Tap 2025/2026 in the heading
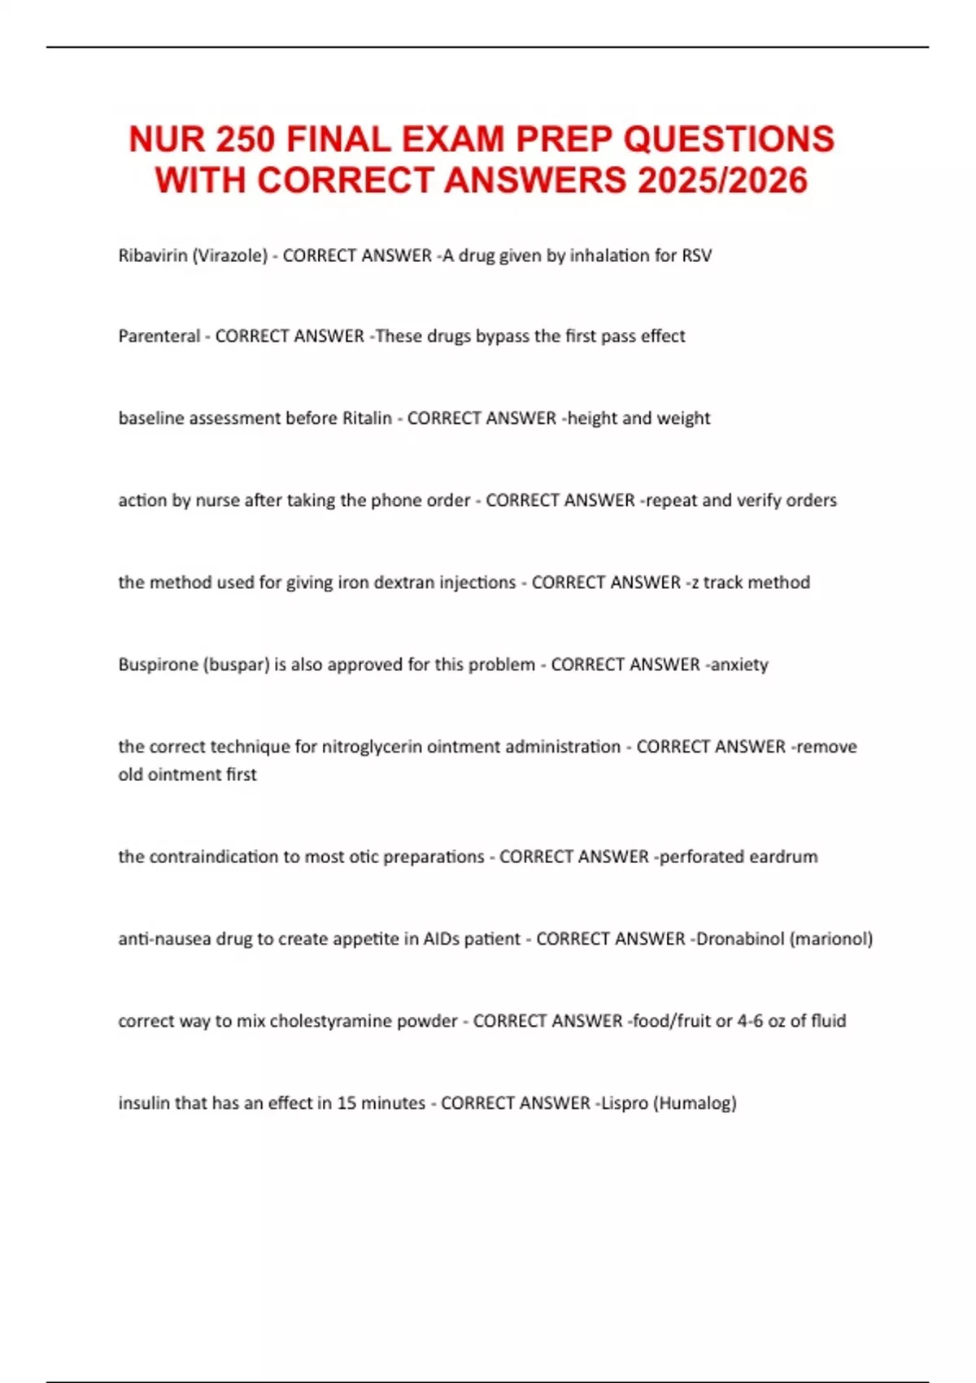[722, 181]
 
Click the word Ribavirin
[152, 255]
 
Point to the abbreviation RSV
[696, 255]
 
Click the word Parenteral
[159, 336]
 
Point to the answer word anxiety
[739, 665]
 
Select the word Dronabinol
[740, 939]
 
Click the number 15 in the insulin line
[346, 1103]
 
